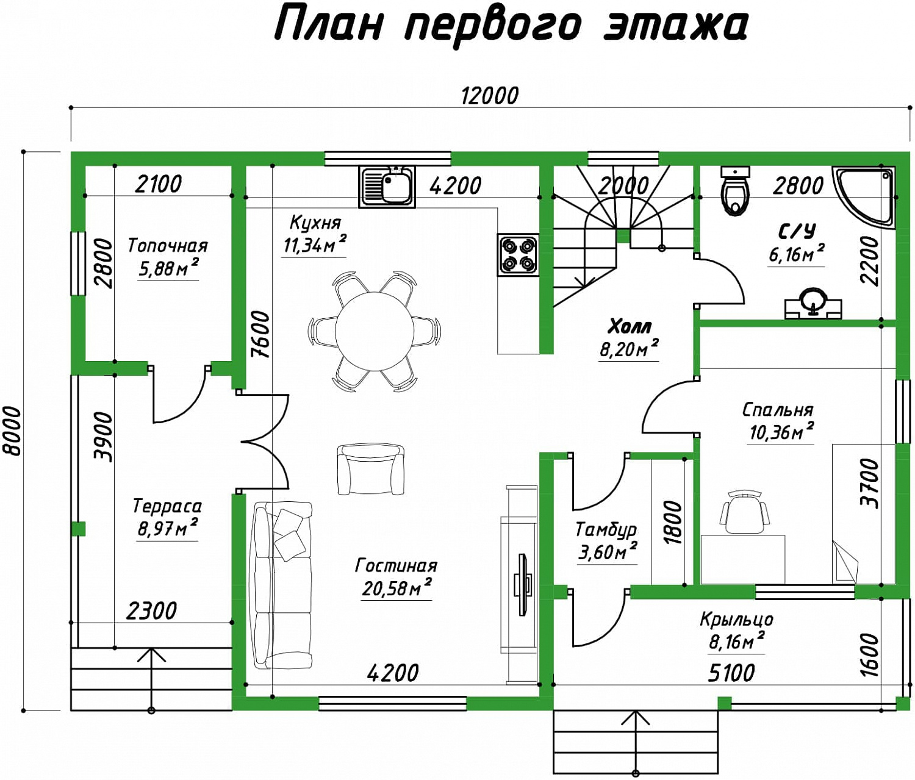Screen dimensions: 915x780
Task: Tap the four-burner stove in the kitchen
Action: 518,255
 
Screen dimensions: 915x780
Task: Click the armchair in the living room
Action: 371,470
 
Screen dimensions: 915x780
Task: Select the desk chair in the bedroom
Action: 744,514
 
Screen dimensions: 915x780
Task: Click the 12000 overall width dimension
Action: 489,96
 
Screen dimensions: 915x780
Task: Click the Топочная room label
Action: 168,246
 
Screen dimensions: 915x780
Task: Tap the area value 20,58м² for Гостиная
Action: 396,587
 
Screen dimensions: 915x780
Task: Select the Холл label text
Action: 630,327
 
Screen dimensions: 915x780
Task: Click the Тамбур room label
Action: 606,530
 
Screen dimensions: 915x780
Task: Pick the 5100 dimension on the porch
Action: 731,674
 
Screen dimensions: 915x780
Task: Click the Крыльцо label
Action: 737,620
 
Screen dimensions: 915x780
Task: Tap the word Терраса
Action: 167,506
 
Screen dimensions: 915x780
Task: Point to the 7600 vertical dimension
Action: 260,335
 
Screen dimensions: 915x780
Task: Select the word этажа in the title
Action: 673,26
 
